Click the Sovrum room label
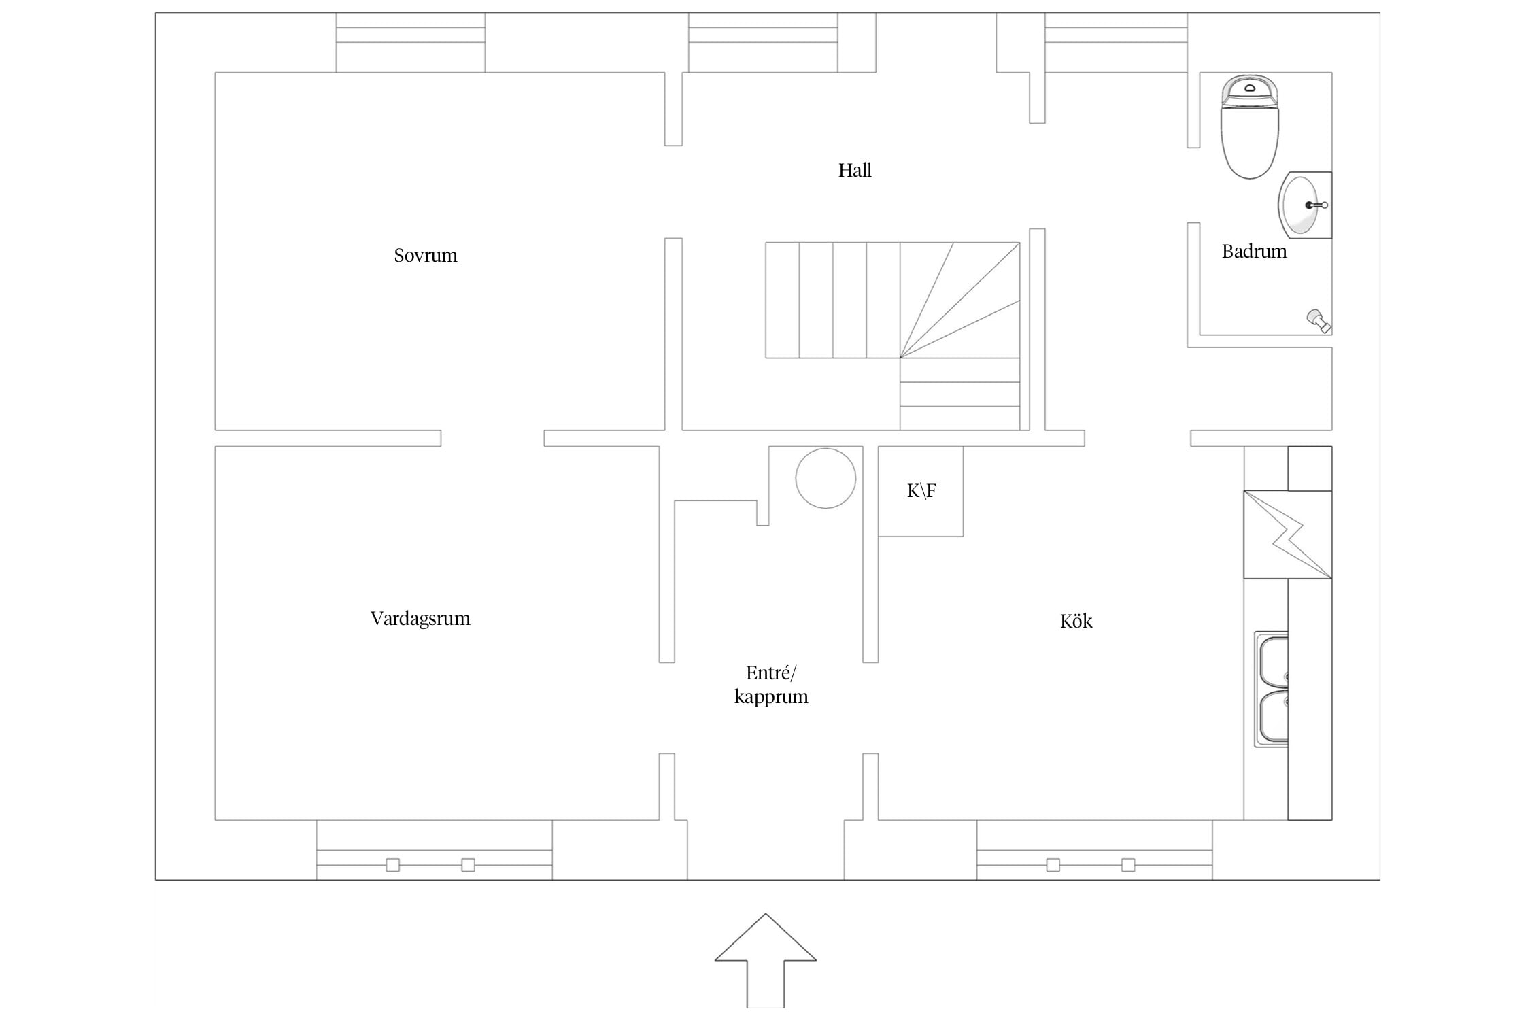coord(426,256)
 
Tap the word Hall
coord(855,170)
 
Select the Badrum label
coord(1254,252)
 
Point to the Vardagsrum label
coord(420,619)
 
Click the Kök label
coord(1076,621)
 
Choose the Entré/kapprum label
coord(771,685)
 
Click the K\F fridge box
coord(921,491)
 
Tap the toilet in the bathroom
coord(1250,126)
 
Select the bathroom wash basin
coord(1305,205)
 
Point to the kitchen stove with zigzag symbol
coord(1287,534)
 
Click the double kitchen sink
coord(1271,689)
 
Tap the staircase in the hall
coord(892,336)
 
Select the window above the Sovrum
coord(411,42)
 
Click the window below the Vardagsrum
coord(434,850)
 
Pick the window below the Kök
coord(1094,850)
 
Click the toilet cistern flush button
coord(1250,88)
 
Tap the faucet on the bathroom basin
coord(1316,205)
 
